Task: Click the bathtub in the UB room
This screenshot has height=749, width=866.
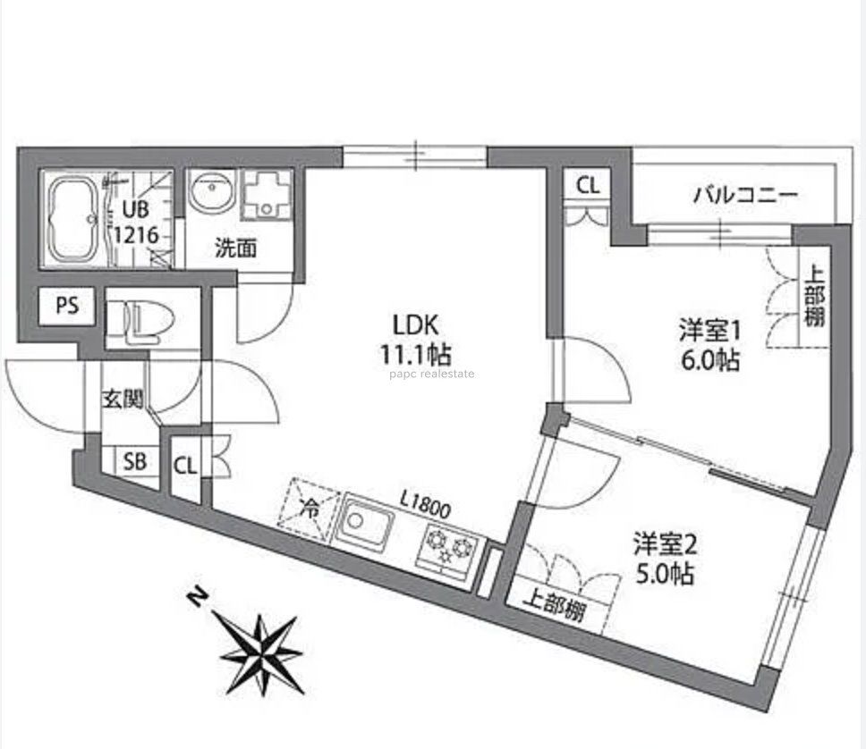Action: point(73,218)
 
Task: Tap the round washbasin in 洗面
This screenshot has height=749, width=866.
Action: point(213,192)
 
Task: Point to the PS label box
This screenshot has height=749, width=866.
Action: point(67,306)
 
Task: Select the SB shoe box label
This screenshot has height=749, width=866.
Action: point(135,462)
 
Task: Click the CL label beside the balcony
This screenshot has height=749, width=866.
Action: point(588,186)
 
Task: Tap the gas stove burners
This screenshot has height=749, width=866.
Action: point(451,544)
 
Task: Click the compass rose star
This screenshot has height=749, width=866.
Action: point(261,645)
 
